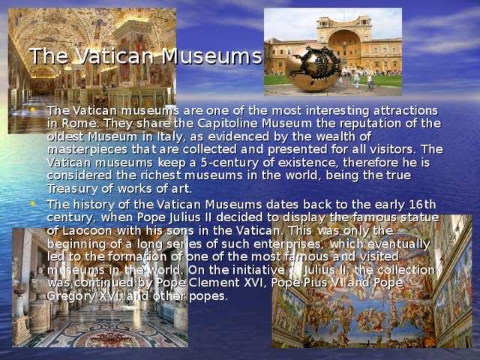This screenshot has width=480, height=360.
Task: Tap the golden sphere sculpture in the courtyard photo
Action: click(313, 67)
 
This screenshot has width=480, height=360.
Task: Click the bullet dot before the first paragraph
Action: click(39, 110)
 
